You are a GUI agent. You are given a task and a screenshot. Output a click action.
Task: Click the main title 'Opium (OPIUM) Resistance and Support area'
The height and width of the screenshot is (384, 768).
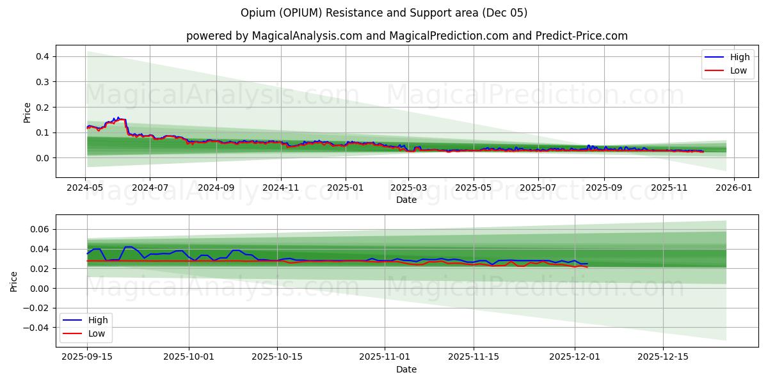[384, 13]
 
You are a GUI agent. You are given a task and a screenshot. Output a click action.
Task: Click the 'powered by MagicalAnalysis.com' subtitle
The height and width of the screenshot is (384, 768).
[407, 36]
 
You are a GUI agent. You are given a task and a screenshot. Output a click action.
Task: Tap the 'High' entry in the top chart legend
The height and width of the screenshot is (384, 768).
[740, 58]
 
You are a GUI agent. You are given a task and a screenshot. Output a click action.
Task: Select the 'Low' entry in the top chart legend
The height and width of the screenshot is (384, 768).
[739, 70]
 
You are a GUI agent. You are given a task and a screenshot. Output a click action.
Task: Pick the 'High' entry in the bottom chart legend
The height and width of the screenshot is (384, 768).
[98, 320]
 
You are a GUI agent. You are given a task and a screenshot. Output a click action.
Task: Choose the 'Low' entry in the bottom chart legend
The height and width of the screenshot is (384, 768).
[97, 333]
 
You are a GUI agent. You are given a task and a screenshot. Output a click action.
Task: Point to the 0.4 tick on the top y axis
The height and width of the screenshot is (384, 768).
[42, 56]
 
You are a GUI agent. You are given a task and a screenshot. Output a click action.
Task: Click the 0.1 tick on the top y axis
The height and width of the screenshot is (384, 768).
[42, 132]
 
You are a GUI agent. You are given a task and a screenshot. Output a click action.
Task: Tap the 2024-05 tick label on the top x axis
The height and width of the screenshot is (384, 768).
[86, 188]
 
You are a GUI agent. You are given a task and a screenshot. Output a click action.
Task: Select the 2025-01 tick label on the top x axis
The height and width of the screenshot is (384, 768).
[346, 188]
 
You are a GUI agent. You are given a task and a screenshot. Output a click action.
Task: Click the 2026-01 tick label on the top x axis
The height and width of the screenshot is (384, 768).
[733, 188]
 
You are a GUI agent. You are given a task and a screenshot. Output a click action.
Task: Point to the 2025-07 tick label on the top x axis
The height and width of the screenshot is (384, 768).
[538, 188]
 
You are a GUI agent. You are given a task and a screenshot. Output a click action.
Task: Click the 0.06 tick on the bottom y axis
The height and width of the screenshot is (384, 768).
[40, 229]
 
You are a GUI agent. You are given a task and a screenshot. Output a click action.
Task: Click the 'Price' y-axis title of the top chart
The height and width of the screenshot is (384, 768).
[27, 113]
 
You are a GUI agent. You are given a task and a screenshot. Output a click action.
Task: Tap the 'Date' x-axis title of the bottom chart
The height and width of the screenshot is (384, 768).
[406, 369]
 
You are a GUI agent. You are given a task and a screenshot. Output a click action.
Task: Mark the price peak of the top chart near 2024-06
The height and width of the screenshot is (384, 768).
[118, 118]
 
